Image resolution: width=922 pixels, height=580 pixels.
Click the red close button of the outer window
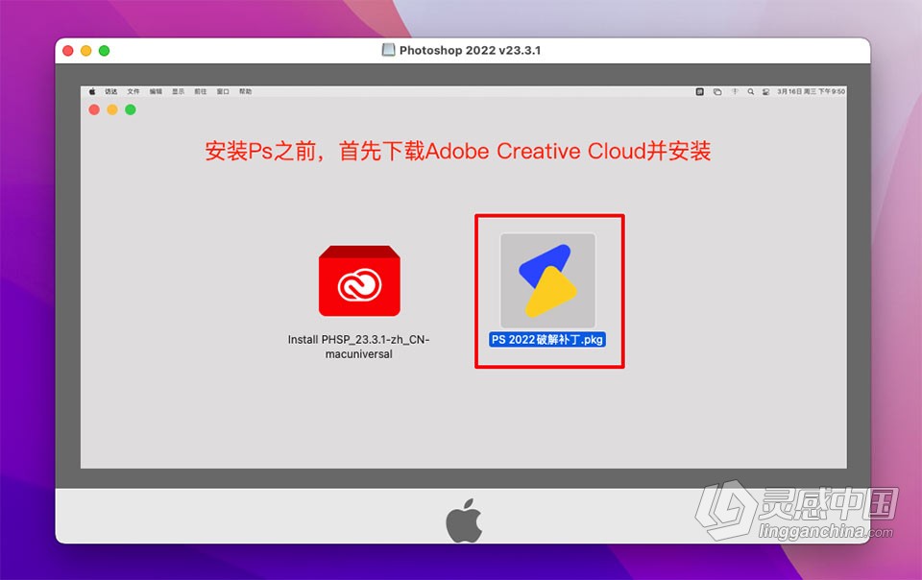pyautogui.click(x=68, y=51)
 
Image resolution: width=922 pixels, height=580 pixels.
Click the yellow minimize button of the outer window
pyautogui.click(x=86, y=51)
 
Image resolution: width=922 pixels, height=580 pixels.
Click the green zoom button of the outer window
pyautogui.click(x=105, y=51)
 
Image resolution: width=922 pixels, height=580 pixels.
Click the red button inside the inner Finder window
pyautogui.click(x=94, y=109)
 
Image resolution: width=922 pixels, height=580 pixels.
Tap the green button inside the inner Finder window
pyautogui.click(x=131, y=109)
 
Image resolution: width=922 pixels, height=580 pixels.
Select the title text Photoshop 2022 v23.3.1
pyautogui.click(x=470, y=50)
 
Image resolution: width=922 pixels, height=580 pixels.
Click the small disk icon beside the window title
pyautogui.click(x=389, y=50)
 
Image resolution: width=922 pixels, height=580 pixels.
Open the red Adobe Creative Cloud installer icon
pyautogui.click(x=359, y=281)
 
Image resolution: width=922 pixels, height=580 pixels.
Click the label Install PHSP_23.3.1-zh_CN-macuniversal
pyautogui.click(x=358, y=347)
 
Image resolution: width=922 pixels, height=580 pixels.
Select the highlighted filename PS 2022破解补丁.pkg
pyautogui.click(x=547, y=339)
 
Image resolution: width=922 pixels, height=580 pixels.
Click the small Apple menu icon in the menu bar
pyautogui.click(x=92, y=92)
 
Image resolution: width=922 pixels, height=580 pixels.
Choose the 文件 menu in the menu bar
pyautogui.click(x=133, y=92)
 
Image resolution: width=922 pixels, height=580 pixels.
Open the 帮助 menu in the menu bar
pyautogui.click(x=245, y=92)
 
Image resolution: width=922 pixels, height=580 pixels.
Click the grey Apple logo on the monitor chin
pyautogui.click(x=463, y=522)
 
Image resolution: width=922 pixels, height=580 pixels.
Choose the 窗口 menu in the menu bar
pyautogui.click(x=223, y=92)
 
